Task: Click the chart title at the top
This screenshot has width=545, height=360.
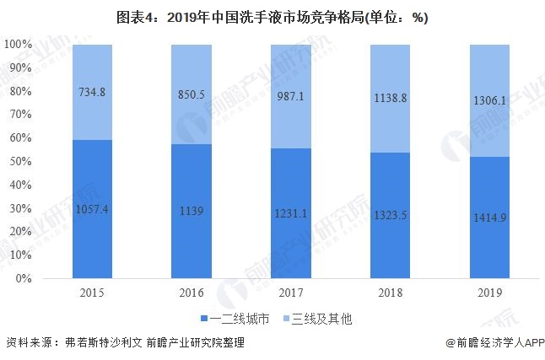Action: pos(272,18)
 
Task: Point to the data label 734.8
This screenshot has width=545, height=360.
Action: pos(93,92)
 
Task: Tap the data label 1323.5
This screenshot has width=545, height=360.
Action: pos(389,216)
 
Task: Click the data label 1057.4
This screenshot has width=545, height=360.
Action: pos(93,208)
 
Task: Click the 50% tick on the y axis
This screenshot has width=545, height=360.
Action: pos(20,161)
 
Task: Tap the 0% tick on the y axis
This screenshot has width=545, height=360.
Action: pos(23,278)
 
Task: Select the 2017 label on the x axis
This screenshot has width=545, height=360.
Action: pos(290,293)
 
